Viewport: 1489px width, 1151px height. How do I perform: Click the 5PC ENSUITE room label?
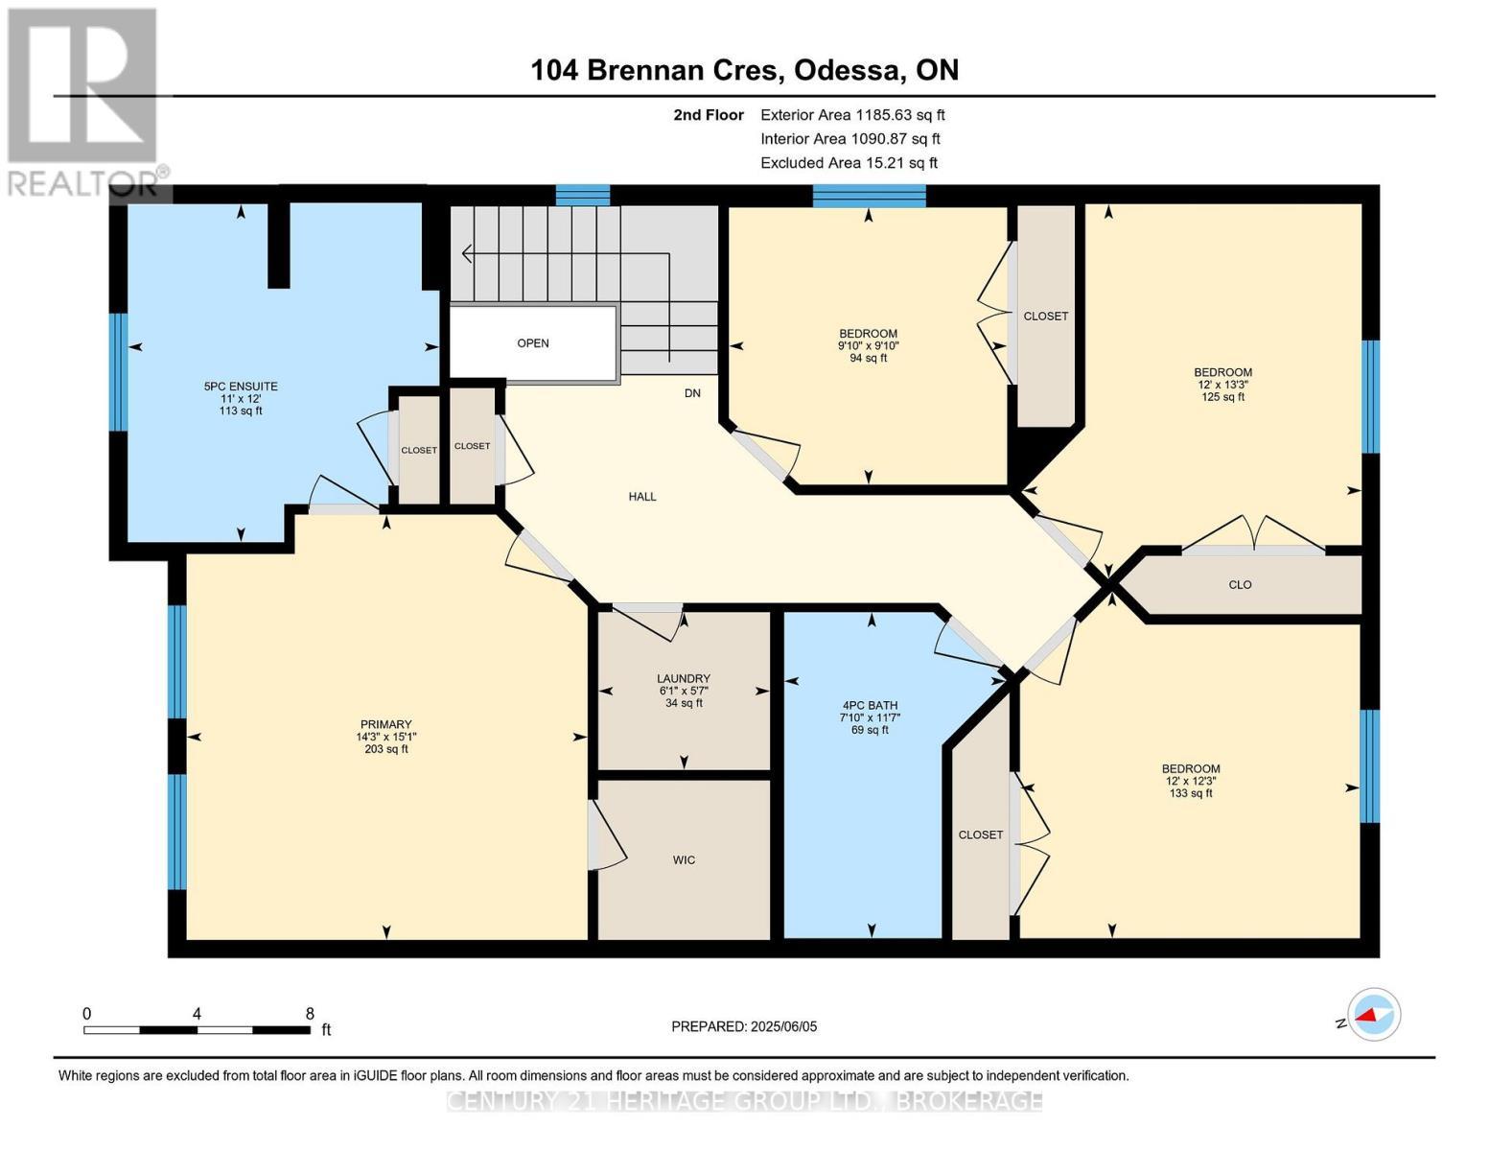[241, 387]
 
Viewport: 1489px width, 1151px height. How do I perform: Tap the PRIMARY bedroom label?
[385, 724]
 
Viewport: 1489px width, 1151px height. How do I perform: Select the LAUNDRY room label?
[684, 678]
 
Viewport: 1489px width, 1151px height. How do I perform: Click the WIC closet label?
[684, 860]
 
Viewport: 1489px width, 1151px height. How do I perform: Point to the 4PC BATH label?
[871, 705]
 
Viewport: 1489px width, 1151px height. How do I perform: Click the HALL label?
[642, 497]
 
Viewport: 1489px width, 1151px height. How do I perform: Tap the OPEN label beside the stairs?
[533, 343]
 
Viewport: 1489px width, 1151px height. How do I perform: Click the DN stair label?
[692, 393]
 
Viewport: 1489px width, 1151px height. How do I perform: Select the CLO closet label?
[1240, 585]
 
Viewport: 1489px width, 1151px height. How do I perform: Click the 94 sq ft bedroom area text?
[869, 359]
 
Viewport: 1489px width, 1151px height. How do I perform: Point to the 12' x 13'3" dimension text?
[1222, 385]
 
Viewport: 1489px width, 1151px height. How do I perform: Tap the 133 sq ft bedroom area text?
[1191, 793]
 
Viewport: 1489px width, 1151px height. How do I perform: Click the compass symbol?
[1373, 1014]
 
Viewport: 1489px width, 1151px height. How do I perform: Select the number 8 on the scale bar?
[310, 1013]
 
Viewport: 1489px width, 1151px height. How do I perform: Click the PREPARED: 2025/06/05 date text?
[744, 1026]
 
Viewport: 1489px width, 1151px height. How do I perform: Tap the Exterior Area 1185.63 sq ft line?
[852, 115]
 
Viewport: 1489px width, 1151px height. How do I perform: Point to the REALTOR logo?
[84, 101]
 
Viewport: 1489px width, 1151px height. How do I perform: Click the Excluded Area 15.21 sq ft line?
[849, 163]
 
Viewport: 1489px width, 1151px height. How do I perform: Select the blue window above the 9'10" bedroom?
[869, 196]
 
